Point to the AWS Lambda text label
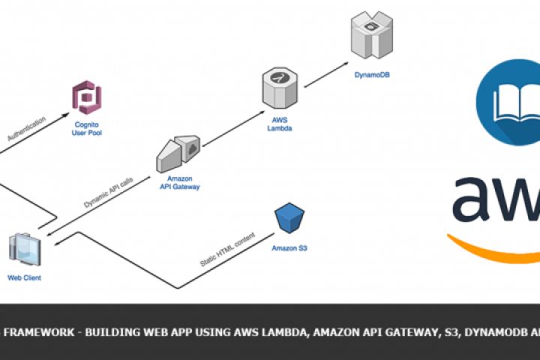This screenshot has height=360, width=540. [279, 123]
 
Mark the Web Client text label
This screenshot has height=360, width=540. [24, 278]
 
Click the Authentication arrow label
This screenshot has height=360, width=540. [27, 128]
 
